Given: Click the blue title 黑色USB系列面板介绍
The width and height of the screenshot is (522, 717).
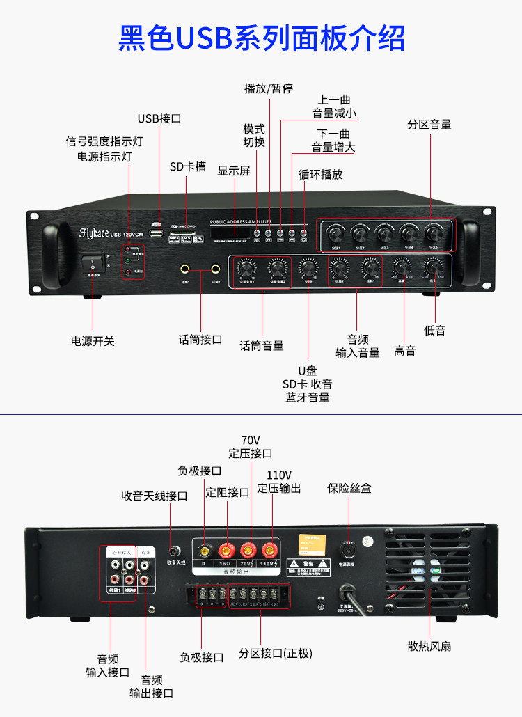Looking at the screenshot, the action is pyautogui.click(x=261, y=38).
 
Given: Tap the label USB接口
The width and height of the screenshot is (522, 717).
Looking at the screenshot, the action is pyautogui.click(x=159, y=118).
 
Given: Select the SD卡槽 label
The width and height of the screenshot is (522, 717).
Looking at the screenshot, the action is pyautogui.click(x=187, y=167).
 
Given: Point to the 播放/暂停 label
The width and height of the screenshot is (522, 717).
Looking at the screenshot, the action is pyautogui.click(x=268, y=88).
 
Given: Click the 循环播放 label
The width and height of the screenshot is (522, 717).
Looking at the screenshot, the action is pyautogui.click(x=321, y=174).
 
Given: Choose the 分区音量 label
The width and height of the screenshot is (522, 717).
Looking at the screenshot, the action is pyautogui.click(x=429, y=125).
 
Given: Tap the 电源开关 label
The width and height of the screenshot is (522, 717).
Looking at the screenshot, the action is pyautogui.click(x=93, y=341).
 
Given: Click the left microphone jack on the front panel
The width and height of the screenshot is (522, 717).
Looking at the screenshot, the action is pyautogui.click(x=186, y=268).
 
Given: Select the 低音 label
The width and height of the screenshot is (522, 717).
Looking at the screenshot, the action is pyautogui.click(x=435, y=331).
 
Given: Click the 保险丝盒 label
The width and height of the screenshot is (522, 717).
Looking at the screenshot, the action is pyautogui.click(x=349, y=488).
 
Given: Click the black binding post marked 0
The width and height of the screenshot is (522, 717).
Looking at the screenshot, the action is pyautogui.click(x=203, y=549).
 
